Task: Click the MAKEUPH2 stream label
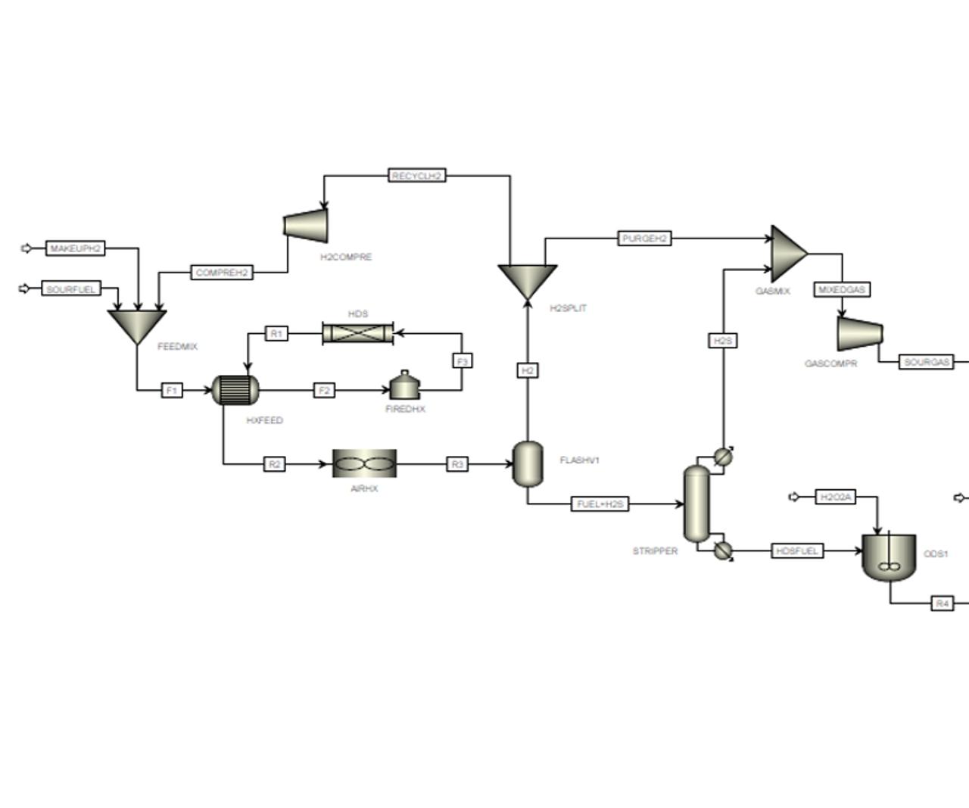click(75, 248)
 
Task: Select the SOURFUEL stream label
click(71, 289)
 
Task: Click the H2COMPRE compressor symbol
click(306, 226)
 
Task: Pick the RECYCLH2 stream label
click(416, 176)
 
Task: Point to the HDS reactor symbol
click(358, 333)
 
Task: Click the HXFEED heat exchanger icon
click(235, 390)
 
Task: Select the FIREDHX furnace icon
click(405, 386)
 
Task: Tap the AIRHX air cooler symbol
click(364, 463)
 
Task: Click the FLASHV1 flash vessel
click(528, 463)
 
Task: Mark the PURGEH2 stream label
click(644, 239)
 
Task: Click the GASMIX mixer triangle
click(787, 254)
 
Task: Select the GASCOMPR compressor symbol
click(860, 333)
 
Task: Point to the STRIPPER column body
click(696, 504)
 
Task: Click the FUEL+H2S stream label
click(600, 504)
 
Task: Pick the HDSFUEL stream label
click(797, 551)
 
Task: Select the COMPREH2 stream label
click(222, 273)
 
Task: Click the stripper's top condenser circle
click(724, 457)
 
